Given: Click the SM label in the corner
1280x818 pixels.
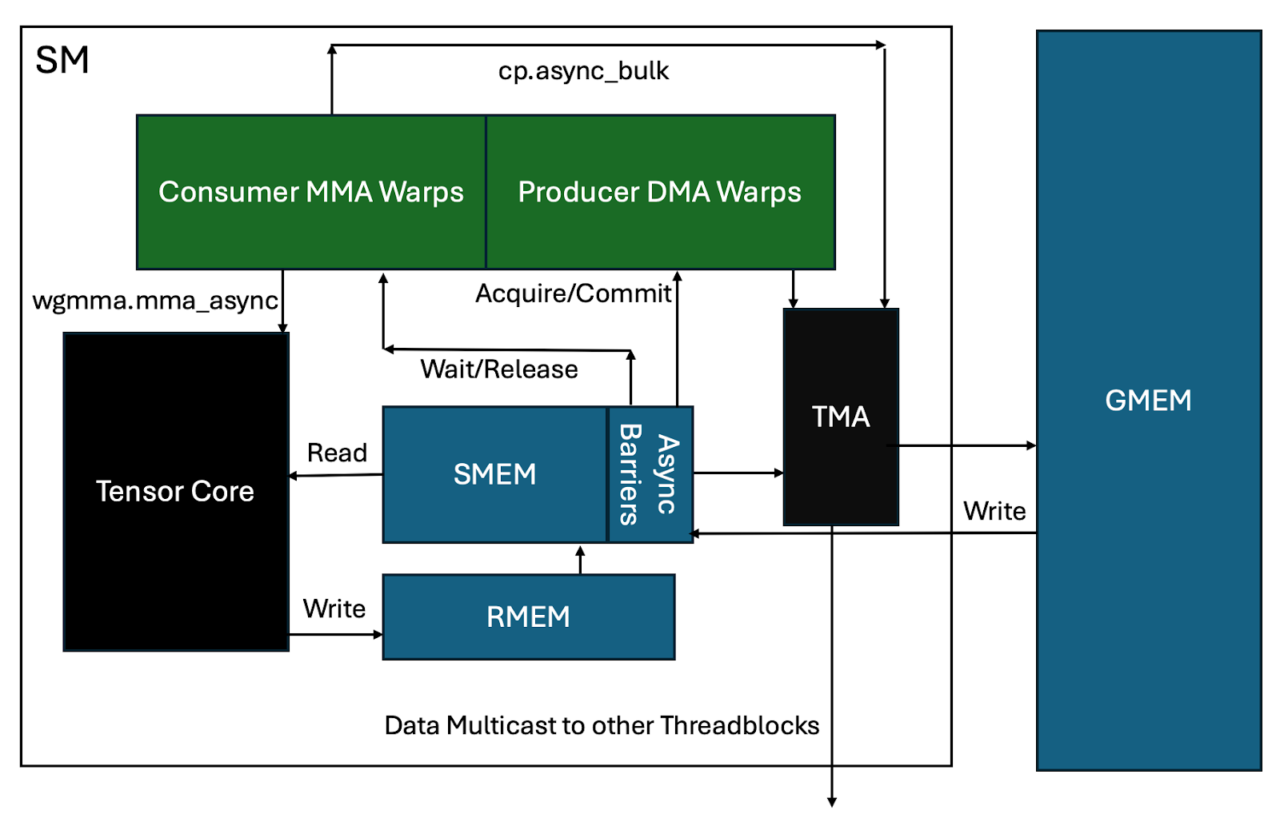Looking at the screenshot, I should point(62,60).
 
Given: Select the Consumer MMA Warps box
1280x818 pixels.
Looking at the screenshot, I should point(311,192).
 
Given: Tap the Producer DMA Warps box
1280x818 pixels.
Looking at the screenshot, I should point(660,192).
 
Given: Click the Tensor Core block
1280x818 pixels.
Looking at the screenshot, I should point(176,492).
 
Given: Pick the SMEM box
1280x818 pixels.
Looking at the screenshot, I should point(494,474).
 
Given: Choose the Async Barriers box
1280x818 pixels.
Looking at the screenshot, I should point(650,475).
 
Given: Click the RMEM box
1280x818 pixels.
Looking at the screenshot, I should point(528,616).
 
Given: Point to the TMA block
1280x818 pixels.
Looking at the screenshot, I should point(841,417).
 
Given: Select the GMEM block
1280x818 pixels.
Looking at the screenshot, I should point(1148,400).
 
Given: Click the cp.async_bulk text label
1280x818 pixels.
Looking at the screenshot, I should point(583,71).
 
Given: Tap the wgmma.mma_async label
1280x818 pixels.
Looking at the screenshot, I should point(155,301).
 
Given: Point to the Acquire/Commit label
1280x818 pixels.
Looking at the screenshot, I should point(573,293).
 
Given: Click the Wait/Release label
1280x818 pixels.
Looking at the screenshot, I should point(499,369).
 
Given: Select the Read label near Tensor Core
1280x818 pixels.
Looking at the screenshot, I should point(337,453).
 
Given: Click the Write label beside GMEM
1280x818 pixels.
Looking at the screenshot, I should point(994,511).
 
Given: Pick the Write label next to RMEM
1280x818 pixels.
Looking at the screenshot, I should point(334,609).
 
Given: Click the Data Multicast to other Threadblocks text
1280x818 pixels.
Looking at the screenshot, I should point(602,725).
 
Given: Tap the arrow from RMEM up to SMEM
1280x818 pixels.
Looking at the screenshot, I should point(581,560).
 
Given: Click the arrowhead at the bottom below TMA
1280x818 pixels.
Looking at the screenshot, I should point(832,801).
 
